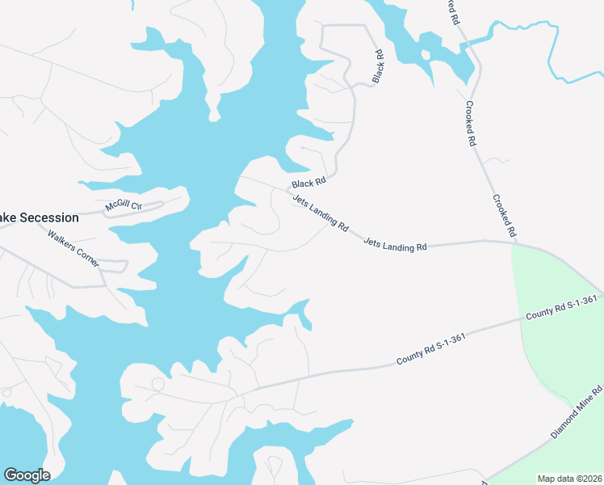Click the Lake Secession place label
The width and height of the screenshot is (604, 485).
coord(39,217)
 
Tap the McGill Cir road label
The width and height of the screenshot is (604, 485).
coord(124,206)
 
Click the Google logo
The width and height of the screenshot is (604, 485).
coord(27,475)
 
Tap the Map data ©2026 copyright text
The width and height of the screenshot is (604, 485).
coord(569,479)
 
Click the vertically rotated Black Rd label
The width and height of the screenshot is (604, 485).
coord(378,67)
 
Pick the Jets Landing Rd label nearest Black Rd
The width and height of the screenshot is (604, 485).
coord(320,214)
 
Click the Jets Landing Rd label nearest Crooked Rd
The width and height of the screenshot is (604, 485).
coord(395,244)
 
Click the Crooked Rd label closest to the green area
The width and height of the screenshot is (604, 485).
coord(505,215)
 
